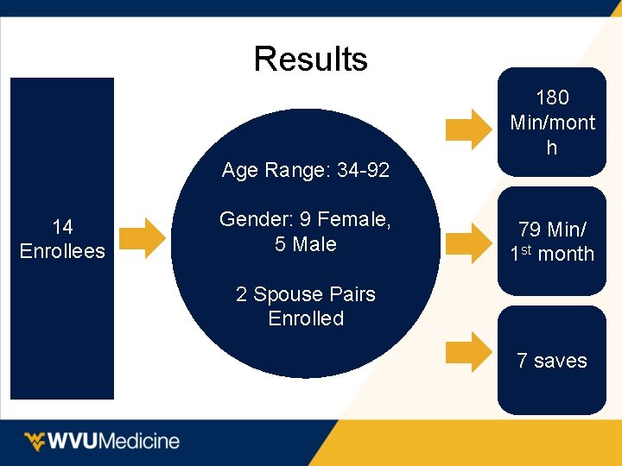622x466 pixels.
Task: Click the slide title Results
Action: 310,60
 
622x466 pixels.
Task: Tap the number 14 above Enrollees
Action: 62,227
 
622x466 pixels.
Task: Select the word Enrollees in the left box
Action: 62,251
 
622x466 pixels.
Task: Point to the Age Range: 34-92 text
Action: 305,171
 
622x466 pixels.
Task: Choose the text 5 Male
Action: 305,244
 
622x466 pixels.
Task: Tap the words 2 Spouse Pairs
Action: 305,294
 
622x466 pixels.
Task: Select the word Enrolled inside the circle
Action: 305,318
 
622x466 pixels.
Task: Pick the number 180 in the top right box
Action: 552,98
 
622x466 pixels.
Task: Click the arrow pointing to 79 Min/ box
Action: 471,242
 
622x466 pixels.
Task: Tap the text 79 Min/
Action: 552,230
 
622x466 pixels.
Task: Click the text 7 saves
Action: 552,361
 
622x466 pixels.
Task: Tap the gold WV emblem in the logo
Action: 35,441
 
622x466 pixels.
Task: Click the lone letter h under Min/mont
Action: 551,148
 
